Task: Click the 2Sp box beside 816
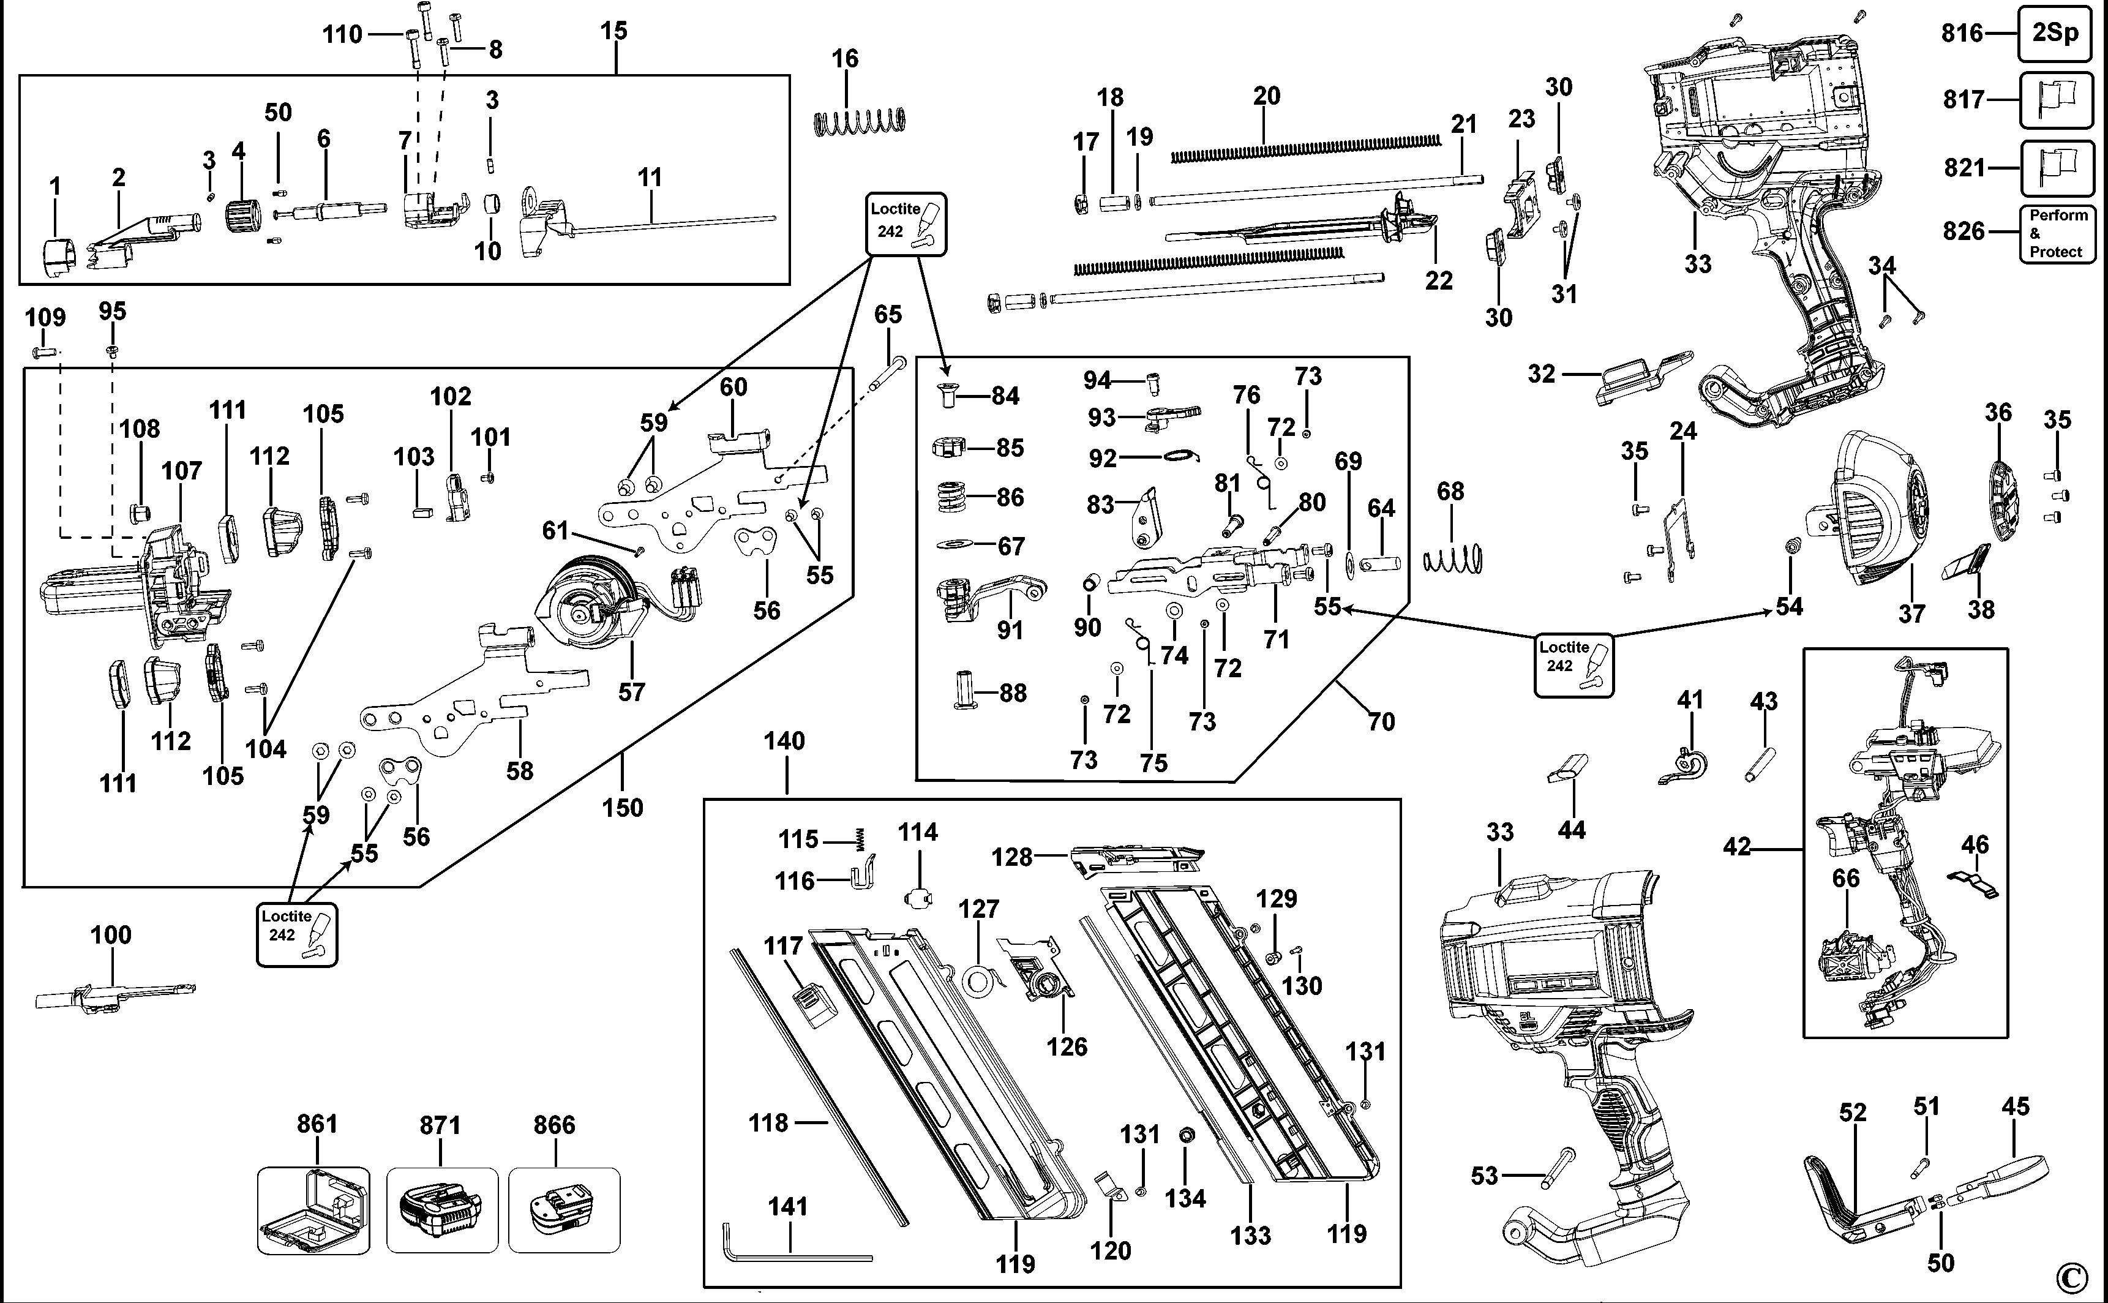point(2055,32)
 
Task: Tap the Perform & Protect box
point(2057,233)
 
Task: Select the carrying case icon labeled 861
point(313,1210)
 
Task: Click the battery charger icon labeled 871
point(442,1210)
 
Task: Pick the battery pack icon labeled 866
point(565,1210)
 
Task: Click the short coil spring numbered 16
point(860,121)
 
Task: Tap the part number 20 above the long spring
point(1266,96)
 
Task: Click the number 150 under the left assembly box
point(622,808)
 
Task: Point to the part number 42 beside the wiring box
point(1737,847)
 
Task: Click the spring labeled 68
point(1452,560)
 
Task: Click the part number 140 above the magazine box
point(784,740)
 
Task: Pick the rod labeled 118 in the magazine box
point(819,1086)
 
